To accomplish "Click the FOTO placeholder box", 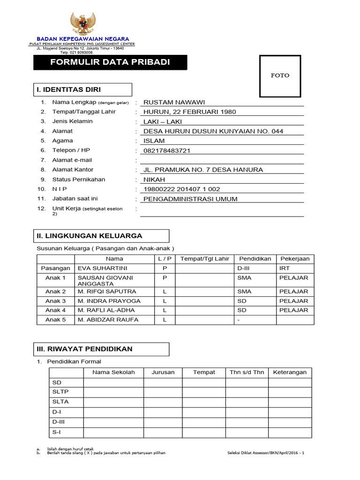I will click(x=280, y=76).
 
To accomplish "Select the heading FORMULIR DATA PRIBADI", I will click(x=110, y=63).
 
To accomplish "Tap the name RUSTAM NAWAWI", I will click(x=174, y=103).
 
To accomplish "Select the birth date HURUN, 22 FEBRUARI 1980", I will click(x=189, y=112).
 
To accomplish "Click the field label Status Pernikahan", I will click(x=79, y=180).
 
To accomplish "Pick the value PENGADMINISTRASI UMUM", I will click(x=190, y=199).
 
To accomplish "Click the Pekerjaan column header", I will click(x=295, y=259).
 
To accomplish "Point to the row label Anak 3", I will click(x=55, y=301).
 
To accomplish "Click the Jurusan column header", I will click(x=163, y=372).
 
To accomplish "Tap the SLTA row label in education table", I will click(x=60, y=402).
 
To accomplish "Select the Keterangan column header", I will click(x=290, y=372).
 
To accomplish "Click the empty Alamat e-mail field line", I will click(x=222, y=160).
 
